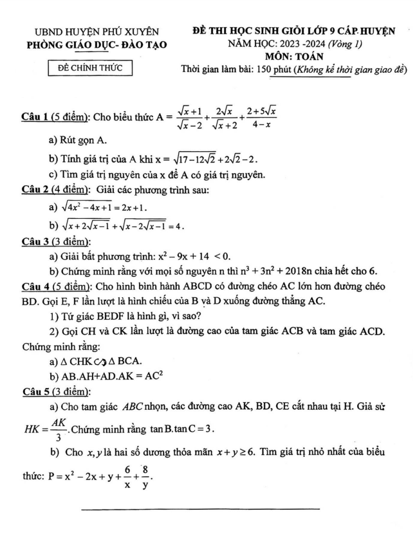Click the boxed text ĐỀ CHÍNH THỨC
(x=91, y=68)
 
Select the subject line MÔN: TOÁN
(x=302, y=56)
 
